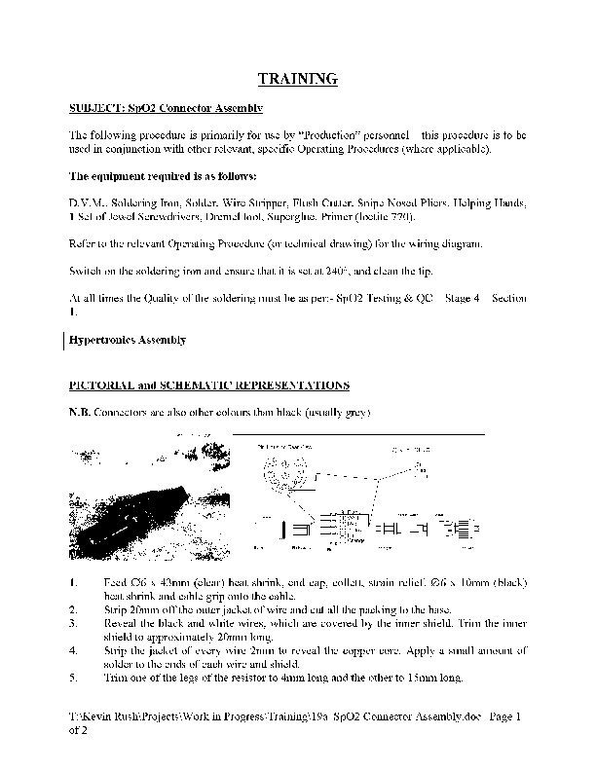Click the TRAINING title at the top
tap(297, 78)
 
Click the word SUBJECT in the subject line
tap(95, 108)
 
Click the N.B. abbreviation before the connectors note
tap(79, 413)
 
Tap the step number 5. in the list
tap(75, 678)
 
